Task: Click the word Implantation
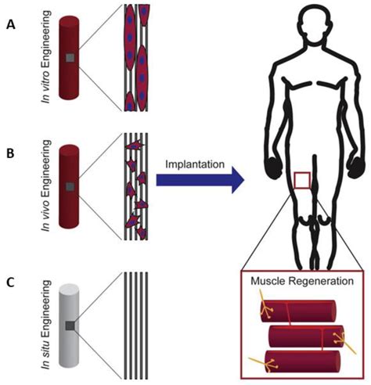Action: (x=196, y=165)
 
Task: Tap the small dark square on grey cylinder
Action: (x=70, y=325)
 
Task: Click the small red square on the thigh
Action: (x=301, y=182)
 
